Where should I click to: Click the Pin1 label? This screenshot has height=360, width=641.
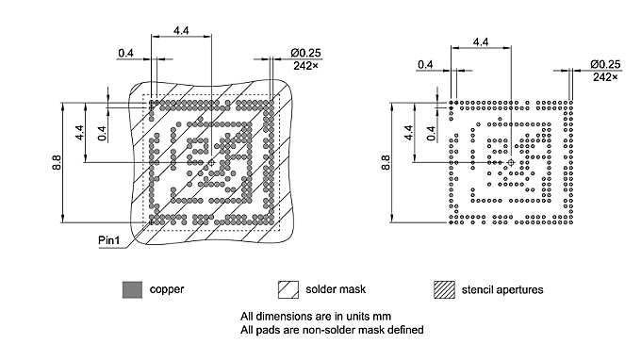pyautogui.click(x=110, y=241)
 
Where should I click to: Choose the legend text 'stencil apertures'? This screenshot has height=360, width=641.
pyautogui.click(x=500, y=289)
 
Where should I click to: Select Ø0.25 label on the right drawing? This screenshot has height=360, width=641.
pyautogui.click(x=605, y=64)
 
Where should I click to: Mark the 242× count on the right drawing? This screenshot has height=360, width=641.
pyautogui.click(x=605, y=77)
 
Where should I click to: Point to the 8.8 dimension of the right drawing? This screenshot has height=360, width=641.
pyautogui.click(x=385, y=160)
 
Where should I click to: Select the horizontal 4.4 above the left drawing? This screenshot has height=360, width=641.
pyautogui.click(x=181, y=31)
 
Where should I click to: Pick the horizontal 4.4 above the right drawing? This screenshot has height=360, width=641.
pyautogui.click(x=480, y=42)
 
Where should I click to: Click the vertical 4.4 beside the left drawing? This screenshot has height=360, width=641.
pyautogui.click(x=80, y=132)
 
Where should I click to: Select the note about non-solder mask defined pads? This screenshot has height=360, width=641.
pyautogui.click(x=332, y=330)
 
